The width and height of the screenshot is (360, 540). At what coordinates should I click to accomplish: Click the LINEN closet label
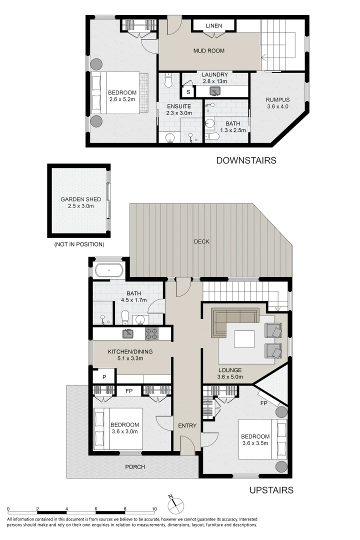click(213, 25)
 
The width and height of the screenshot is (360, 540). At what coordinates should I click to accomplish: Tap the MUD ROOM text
click(209, 50)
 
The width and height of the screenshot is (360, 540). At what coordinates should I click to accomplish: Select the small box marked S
click(188, 92)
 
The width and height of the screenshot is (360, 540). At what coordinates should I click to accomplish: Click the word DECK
click(202, 241)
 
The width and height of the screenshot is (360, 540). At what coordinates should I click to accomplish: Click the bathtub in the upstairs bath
click(108, 271)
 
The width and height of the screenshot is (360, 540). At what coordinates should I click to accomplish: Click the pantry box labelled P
click(104, 377)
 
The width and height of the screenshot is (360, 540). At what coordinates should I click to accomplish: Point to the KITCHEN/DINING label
click(130, 351)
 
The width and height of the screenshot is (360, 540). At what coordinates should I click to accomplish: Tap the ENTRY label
click(187, 425)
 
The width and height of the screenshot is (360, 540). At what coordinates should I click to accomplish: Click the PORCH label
click(135, 467)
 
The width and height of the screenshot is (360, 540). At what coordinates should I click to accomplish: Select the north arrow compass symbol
click(175, 505)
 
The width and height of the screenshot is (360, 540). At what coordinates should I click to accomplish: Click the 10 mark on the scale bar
click(154, 508)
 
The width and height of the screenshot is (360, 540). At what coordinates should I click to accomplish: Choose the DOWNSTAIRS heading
click(246, 160)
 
